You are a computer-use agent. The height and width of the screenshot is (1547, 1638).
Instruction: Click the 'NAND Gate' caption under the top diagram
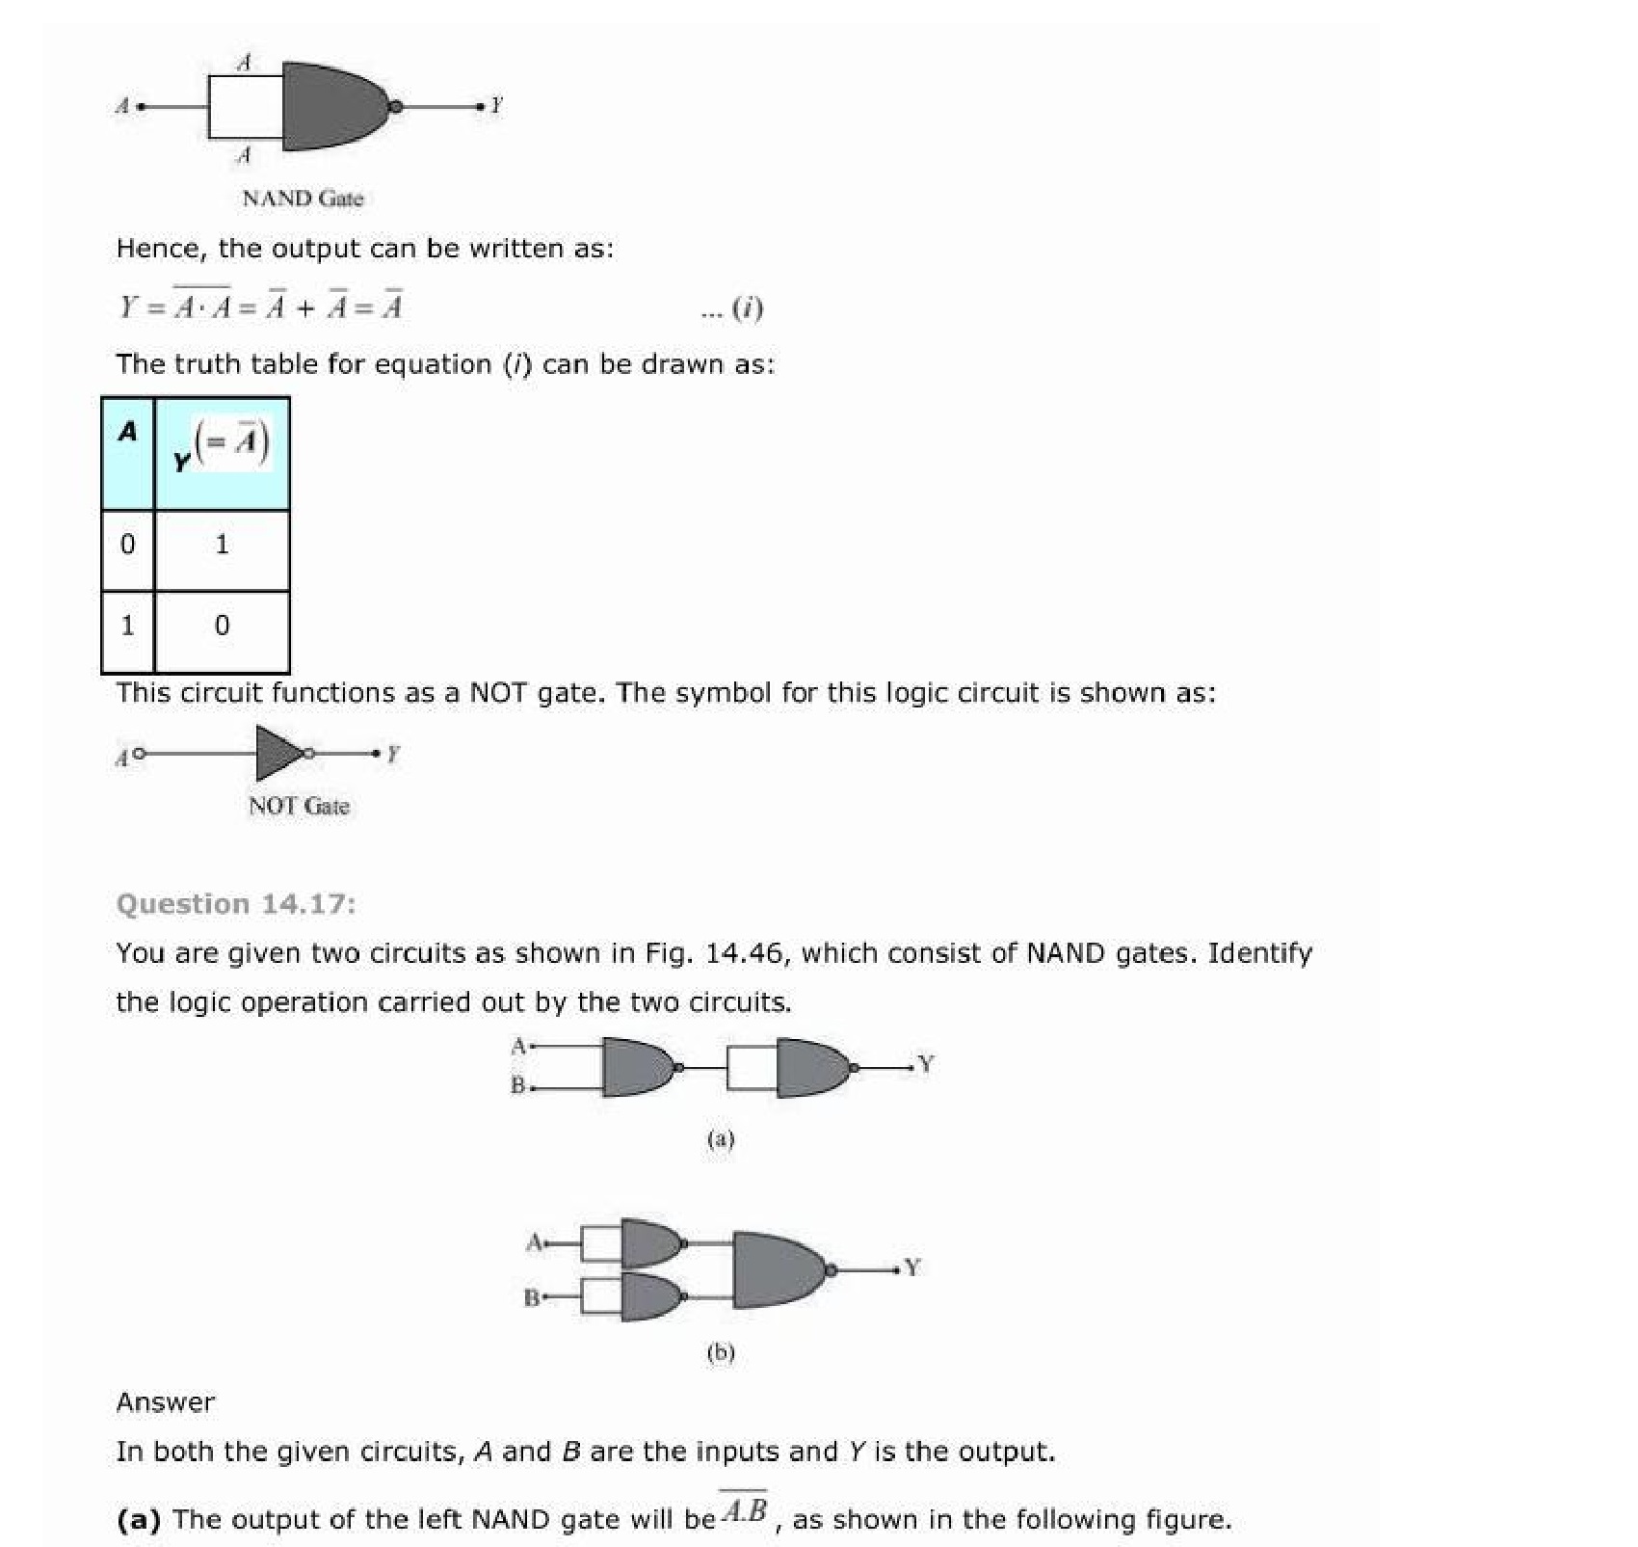coord(303,199)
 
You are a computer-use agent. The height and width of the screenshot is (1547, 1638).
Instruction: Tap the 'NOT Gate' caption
coord(299,806)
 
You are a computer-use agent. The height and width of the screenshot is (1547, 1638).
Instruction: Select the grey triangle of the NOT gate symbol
coord(277,753)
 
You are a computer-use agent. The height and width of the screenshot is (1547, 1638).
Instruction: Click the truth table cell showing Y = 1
coord(222,546)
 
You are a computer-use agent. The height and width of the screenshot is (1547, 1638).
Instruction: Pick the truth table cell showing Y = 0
coord(222,627)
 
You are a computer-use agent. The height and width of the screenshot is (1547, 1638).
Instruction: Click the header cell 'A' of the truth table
coord(127,433)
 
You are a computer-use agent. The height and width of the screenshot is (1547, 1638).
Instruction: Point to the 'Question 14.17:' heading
coord(235,904)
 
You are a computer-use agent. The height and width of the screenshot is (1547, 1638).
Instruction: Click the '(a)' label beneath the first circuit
coord(721,1139)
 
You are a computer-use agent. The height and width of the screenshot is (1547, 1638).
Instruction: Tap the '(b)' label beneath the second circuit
coord(721,1352)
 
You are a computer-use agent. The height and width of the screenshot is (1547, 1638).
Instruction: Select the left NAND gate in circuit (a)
coord(636,1067)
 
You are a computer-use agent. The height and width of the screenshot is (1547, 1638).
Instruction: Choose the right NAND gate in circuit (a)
coord(810,1067)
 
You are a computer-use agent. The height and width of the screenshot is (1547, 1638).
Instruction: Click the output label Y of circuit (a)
coord(926,1064)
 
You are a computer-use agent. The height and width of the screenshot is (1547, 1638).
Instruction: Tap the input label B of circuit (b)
coord(531,1297)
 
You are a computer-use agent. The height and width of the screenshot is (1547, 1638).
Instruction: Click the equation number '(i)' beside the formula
coord(747,308)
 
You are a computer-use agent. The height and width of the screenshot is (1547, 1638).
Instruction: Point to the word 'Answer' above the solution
coord(165,1402)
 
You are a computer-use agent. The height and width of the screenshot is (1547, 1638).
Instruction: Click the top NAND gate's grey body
coord(332,106)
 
